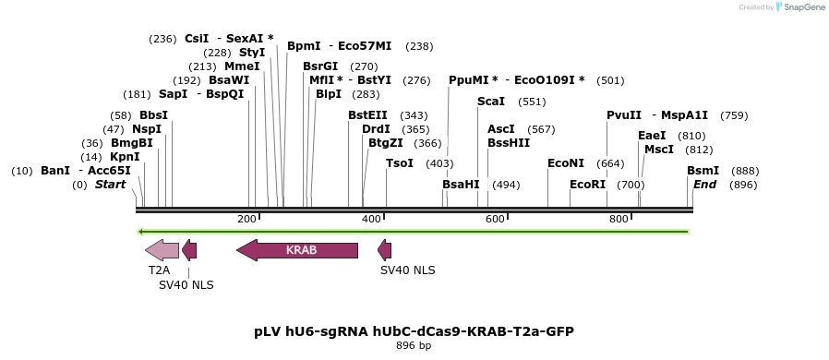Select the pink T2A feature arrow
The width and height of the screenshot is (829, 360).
coord(162,250)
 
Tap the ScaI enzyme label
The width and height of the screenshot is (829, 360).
coord(491,102)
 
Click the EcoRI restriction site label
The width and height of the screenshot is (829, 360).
coord(587,185)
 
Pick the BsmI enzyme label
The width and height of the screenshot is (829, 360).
coord(703,171)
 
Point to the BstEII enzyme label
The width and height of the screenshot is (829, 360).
coord(367,115)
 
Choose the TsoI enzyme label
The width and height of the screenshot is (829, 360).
coord(400,163)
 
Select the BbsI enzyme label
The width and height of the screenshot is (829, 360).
coord(154,115)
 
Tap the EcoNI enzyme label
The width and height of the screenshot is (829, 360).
coord(566,163)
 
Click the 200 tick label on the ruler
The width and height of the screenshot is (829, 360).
coord(246,219)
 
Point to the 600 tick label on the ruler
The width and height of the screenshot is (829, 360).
coord(495,219)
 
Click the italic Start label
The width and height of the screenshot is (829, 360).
coord(110,185)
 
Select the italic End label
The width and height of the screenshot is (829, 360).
coord(704,185)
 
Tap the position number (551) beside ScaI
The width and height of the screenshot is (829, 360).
coord(532,102)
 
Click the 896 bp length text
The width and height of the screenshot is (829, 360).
coord(414,346)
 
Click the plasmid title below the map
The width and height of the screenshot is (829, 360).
coord(414,330)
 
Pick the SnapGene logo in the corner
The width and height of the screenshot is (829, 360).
coord(799,7)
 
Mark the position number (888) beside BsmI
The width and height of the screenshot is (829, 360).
coord(745,171)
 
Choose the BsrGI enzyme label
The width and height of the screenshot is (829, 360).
coord(320,66)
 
